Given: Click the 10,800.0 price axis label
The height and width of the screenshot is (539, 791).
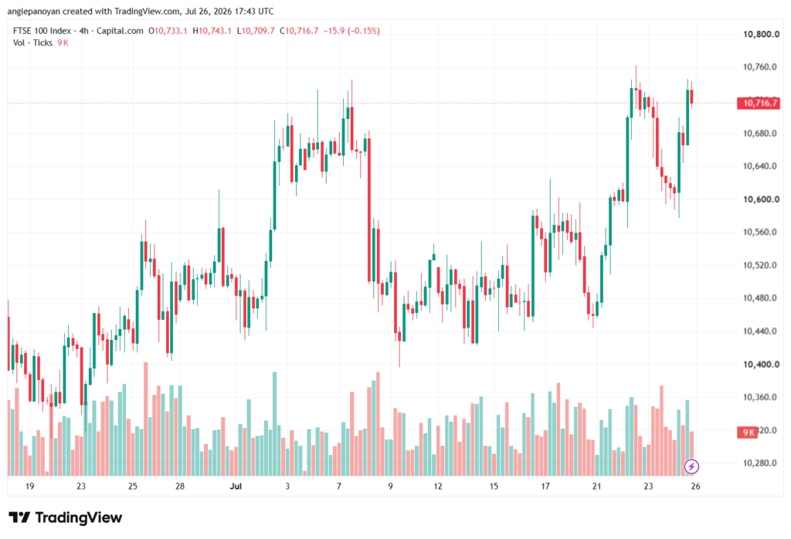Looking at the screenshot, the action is click(761, 34).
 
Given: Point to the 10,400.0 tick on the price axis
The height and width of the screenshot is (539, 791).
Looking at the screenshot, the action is click(761, 364).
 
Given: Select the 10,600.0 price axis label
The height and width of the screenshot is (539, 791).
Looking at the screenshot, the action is click(761, 199).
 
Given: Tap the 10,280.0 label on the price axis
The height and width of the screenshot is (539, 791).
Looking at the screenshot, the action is click(761, 463).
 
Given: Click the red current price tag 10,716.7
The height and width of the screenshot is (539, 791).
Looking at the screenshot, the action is click(759, 103).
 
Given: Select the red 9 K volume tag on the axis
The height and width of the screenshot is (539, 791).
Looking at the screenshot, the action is click(748, 432).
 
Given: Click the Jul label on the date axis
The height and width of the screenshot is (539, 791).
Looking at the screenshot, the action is click(236, 486).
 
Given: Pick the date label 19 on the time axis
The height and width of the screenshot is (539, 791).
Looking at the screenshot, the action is click(30, 486).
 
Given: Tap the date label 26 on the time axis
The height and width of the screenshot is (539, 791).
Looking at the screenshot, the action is click(695, 486).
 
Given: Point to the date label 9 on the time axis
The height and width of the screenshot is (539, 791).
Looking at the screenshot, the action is click(390, 486).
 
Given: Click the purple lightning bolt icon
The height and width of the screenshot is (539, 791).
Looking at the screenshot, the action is click(691, 466).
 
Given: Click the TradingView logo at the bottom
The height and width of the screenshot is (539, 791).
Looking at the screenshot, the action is click(66, 517).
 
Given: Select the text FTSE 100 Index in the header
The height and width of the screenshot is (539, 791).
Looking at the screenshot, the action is click(42, 31).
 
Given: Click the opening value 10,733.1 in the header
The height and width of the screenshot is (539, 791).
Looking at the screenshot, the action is click(171, 31).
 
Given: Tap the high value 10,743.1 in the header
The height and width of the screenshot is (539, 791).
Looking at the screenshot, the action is click(215, 31).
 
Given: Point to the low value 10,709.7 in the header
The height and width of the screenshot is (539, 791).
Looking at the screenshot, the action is click(258, 31).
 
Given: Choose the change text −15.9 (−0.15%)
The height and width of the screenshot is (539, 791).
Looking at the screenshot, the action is click(351, 31).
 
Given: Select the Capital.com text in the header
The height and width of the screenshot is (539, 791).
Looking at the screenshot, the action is click(120, 31).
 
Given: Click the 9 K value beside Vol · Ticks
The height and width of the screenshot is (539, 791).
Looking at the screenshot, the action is click(63, 43).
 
